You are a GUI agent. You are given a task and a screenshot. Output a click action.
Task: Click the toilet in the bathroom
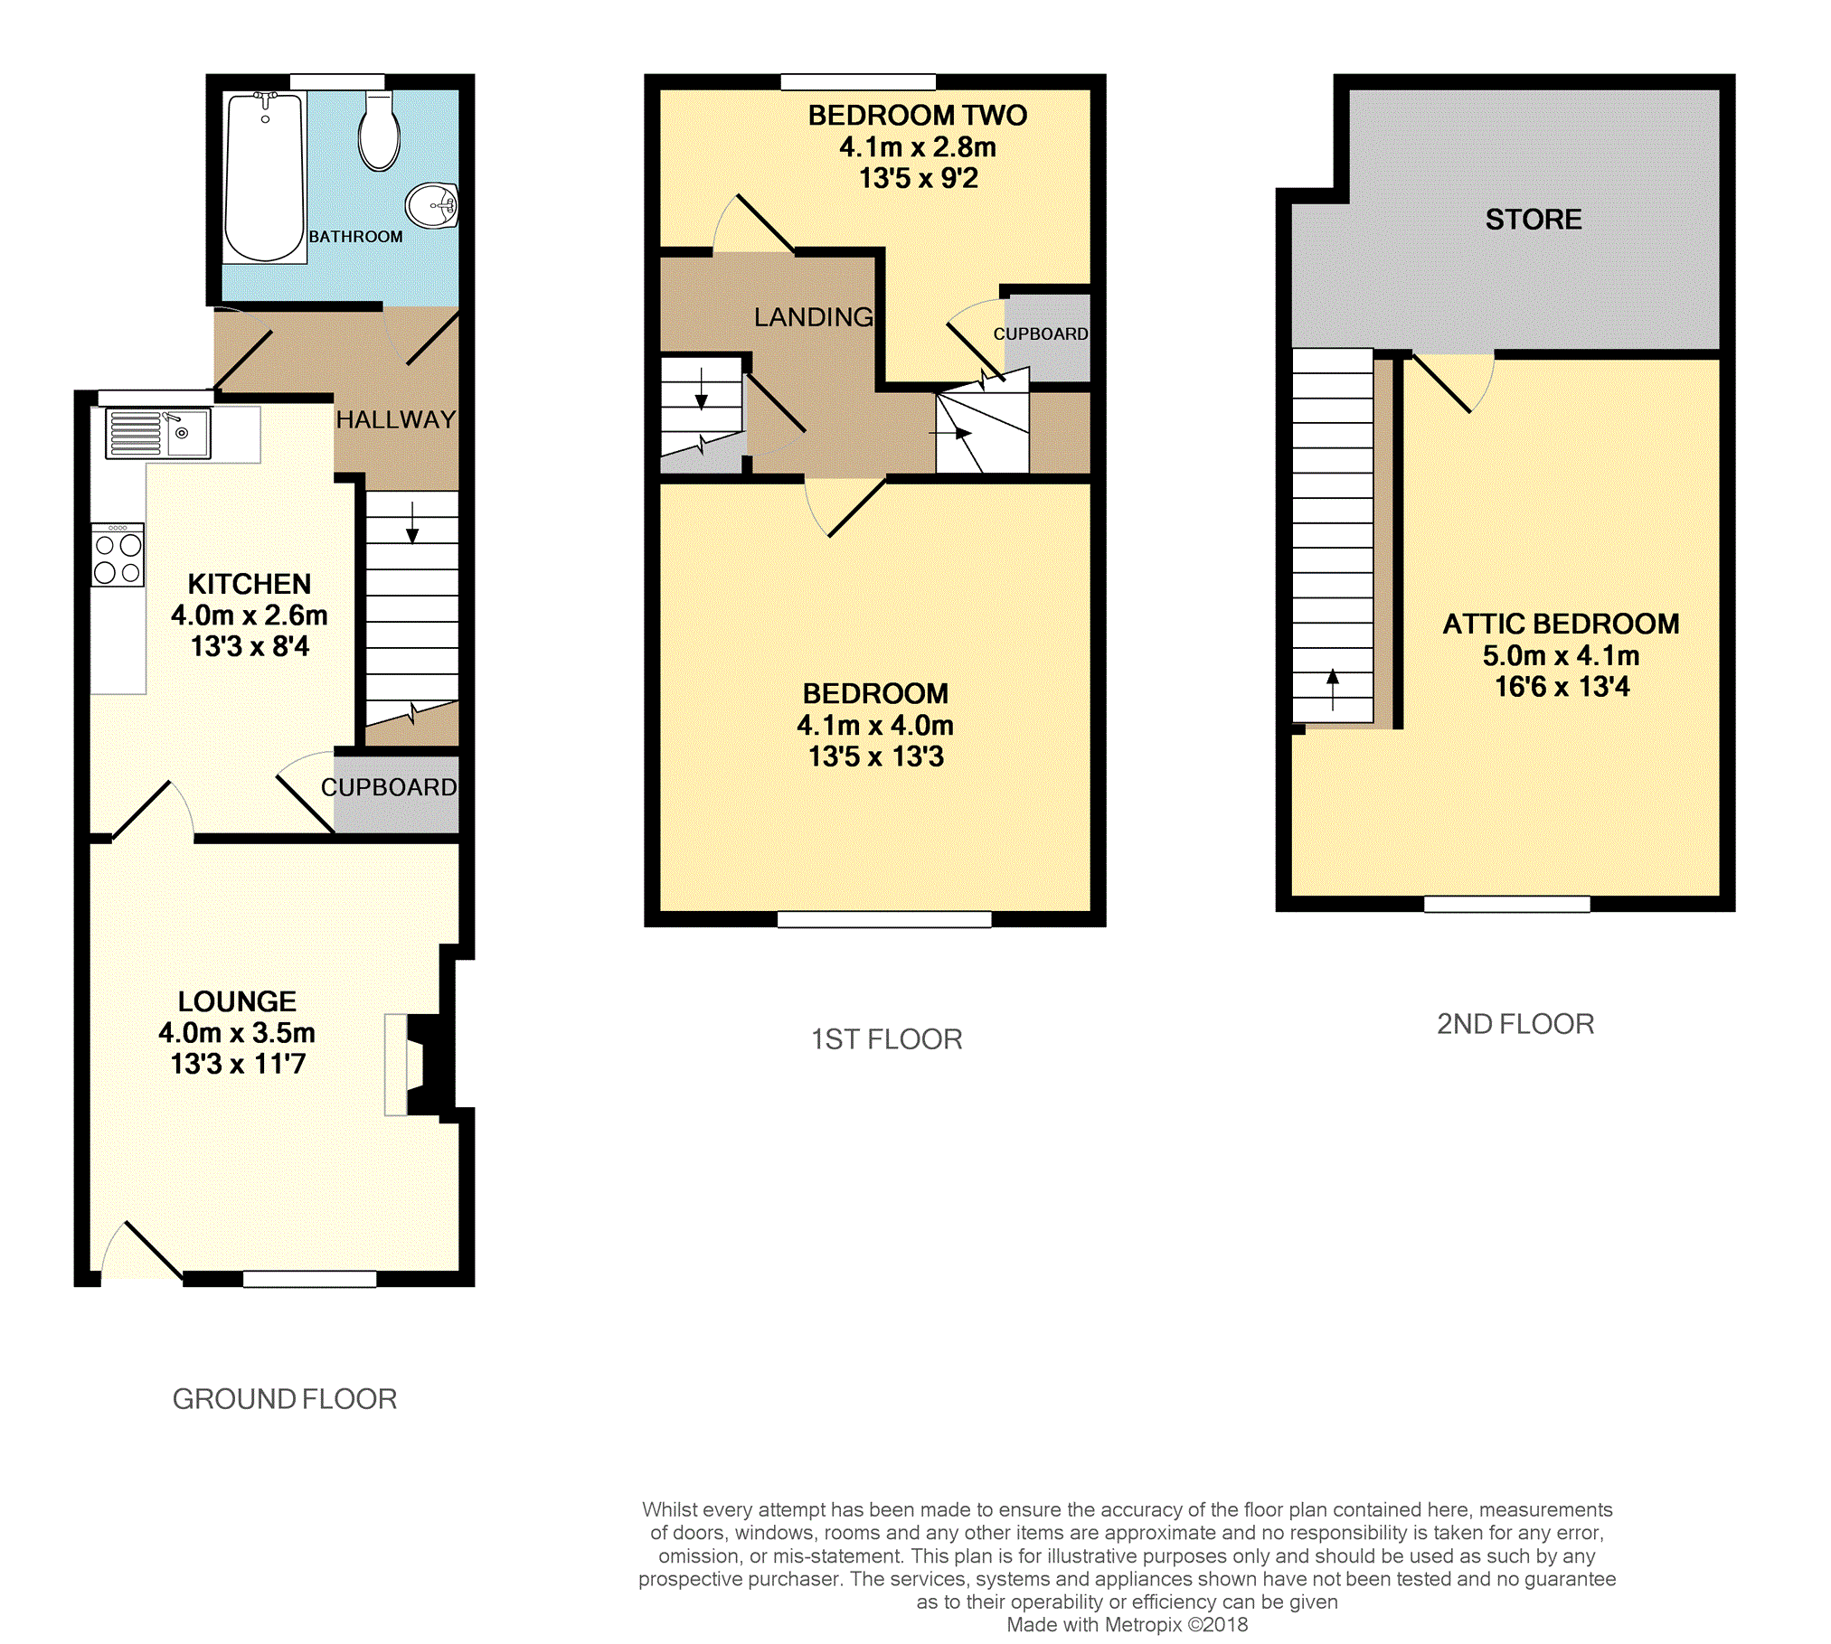379,130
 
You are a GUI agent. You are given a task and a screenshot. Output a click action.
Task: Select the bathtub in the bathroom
264,177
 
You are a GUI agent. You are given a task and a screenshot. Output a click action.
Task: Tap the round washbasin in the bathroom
432,205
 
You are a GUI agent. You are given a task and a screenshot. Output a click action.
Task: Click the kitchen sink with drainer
158,433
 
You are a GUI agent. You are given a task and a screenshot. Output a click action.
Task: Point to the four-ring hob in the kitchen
118,555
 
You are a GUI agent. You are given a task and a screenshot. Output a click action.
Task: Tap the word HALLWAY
396,419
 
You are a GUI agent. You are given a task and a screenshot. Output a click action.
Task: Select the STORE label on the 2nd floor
1534,219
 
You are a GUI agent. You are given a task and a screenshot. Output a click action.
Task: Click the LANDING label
814,316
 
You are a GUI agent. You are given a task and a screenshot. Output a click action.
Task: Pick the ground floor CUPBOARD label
389,787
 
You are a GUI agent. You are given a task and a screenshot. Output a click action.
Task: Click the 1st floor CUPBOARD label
1041,333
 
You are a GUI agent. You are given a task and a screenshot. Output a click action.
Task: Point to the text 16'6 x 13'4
1562,687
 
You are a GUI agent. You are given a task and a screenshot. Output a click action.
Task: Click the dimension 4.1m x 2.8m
918,146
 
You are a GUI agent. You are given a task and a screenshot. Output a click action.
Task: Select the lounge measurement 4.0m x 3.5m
237,1032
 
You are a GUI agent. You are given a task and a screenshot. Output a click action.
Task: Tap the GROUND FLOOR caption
285,1399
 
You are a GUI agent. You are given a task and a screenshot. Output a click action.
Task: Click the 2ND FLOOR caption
1515,1024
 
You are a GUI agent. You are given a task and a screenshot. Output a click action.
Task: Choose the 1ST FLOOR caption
886,1039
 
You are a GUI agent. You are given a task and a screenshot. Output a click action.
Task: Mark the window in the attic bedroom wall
1507,904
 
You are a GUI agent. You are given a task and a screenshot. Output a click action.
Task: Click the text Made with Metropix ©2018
1127,1625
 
